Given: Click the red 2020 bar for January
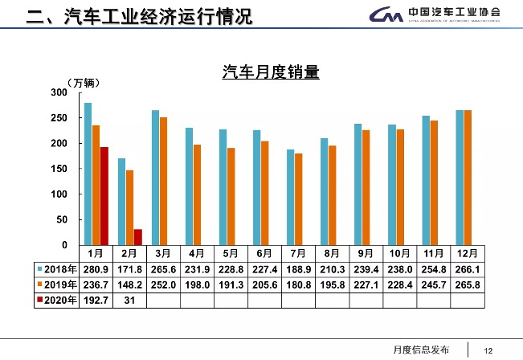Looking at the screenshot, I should click(x=104, y=196).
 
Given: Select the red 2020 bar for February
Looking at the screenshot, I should click(x=137, y=237).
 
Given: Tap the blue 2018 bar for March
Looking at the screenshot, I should click(x=155, y=178).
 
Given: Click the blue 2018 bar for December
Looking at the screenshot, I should click(x=460, y=178).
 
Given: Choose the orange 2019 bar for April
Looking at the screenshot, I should click(x=198, y=194).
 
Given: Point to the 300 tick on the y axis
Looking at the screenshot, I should click(x=58, y=93).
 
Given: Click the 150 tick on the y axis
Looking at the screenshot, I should click(x=58, y=170).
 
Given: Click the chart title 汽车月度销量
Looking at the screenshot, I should click(x=271, y=73).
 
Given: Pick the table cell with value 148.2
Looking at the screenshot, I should click(x=129, y=285).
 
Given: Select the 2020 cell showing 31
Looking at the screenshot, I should click(x=129, y=301).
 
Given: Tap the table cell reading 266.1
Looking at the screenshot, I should click(x=468, y=269).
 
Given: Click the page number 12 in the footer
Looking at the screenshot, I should click(x=488, y=350).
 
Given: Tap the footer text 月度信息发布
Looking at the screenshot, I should click(x=422, y=350).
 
